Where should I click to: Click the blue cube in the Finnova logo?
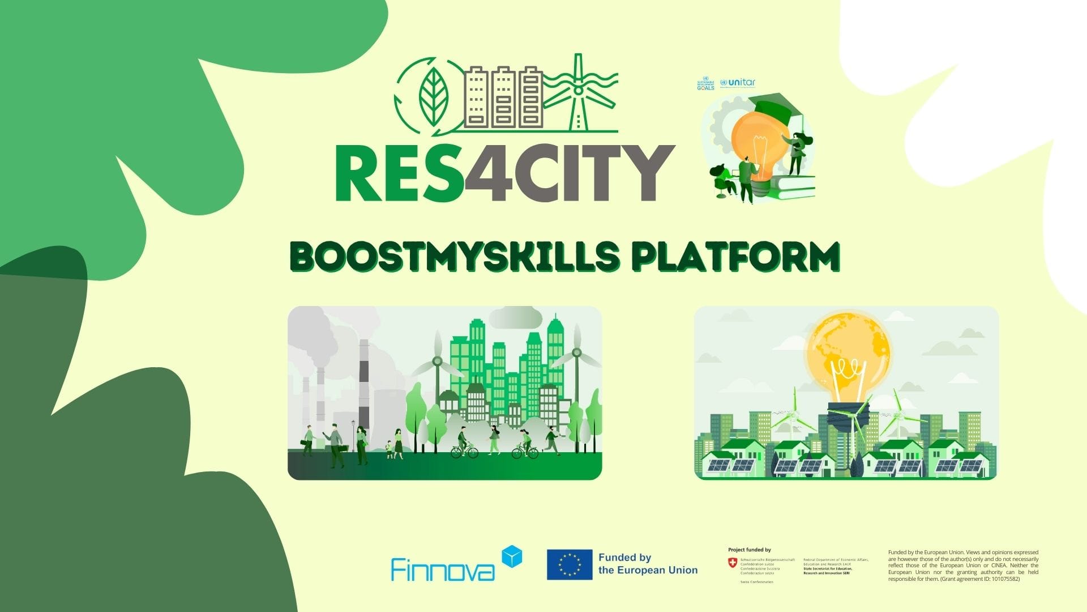pos(512,556)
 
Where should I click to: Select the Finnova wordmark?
pos(442,569)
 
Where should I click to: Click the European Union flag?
pos(569,564)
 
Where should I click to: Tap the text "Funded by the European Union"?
pos(648,564)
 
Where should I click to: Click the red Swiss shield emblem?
pos(733,563)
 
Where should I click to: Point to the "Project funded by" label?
pos(749,550)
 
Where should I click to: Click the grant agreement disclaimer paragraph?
pos(963,566)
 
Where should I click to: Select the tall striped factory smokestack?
pos(363,385)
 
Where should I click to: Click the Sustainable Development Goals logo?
pos(705,83)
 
